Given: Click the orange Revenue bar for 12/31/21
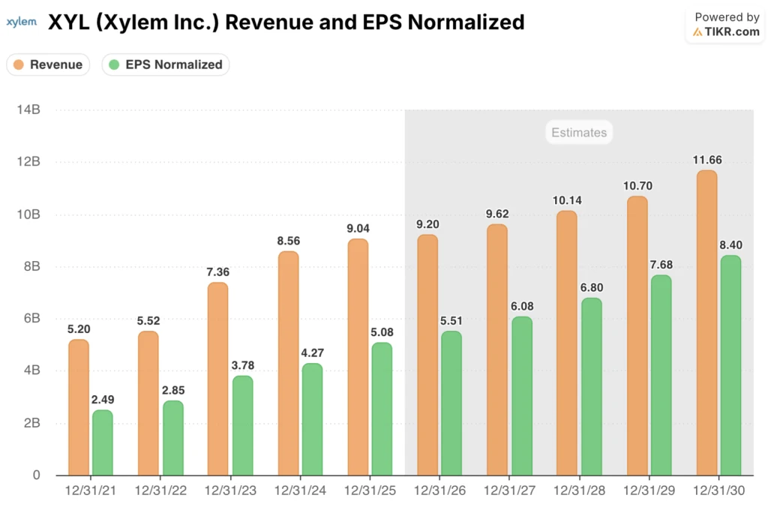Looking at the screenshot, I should tap(79, 407).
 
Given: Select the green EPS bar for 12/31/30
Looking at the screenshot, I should tap(730, 365).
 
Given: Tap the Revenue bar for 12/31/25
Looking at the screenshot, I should tap(358, 357).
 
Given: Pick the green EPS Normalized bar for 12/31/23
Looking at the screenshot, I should tap(242, 425).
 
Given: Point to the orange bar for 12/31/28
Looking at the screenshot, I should tap(567, 343).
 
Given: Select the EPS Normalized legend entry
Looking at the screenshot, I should tap(166, 64).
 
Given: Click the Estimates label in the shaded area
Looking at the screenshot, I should tap(579, 133).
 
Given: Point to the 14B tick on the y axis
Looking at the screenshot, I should tap(28, 110).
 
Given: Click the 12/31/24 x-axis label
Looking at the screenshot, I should tap(300, 491).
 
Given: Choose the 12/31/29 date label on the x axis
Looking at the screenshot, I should tap(649, 491).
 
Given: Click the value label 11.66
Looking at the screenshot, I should tap(706, 159).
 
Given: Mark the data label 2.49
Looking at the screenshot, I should tap(103, 399).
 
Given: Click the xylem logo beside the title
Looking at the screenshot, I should tap(21, 22).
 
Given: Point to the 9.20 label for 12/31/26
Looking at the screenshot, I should tap(428, 223).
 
